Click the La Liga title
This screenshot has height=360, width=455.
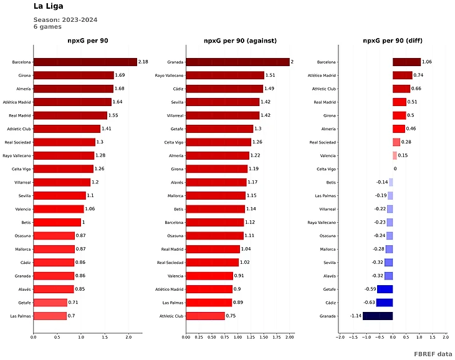point(48,7)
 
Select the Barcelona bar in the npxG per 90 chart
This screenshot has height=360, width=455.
point(85,62)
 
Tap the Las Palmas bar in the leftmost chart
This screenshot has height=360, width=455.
point(50,316)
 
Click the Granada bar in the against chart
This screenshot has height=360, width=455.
point(237,62)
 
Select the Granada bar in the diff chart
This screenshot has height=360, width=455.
point(378,316)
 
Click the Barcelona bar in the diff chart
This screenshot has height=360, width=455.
point(406,62)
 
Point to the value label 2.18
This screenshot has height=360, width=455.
point(143,62)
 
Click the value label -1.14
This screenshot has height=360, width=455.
point(355,316)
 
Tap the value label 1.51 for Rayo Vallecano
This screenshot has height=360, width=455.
point(271,75)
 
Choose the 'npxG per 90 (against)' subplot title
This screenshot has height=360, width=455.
point(240,41)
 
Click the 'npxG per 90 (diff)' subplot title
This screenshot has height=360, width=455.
point(392,41)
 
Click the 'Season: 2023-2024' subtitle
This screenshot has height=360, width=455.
point(65,20)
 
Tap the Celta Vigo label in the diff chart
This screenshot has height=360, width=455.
point(327,169)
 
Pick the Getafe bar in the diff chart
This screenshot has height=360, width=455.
point(385,289)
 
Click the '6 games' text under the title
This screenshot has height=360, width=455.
point(47,27)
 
